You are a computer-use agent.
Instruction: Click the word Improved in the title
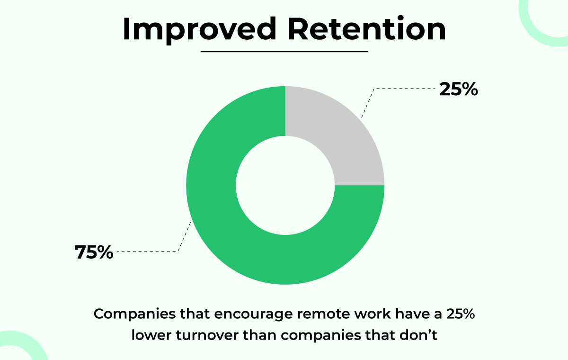tap(199, 30)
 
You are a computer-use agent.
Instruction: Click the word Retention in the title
tap(367, 28)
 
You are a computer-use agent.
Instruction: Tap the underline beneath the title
tap(284, 52)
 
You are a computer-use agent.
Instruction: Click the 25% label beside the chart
tap(459, 90)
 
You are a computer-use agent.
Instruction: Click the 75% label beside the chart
tap(94, 252)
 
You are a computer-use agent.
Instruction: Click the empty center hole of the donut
tap(285, 186)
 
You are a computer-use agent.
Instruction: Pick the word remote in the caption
tap(326, 315)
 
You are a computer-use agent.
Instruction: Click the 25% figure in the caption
tap(461, 314)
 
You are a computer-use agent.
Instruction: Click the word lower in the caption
tap(151, 335)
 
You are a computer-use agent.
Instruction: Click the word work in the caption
tap(372, 314)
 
